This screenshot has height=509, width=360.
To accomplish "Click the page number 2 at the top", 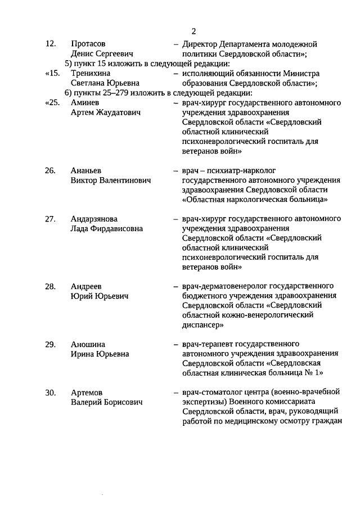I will click(x=193, y=30).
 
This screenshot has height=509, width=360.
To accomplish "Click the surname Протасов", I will click(x=88, y=44).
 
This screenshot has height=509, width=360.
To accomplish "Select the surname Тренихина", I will click(x=91, y=74).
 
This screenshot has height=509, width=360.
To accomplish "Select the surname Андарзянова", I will click(x=94, y=218).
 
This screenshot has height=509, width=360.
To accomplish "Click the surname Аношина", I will click(x=88, y=344).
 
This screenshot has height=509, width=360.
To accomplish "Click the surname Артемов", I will click(x=87, y=392).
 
